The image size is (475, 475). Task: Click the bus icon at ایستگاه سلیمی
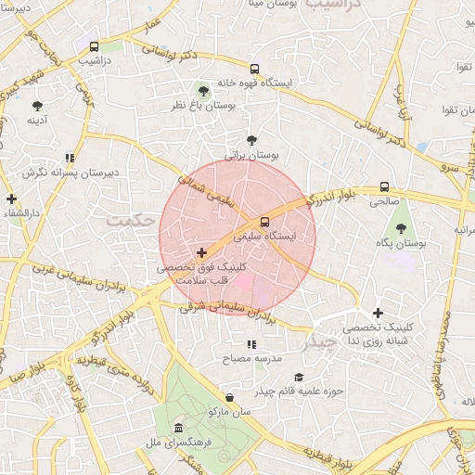click(x=265, y=222)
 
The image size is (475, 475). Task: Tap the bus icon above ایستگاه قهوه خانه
click(x=254, y=69)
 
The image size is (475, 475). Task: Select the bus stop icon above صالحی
click(x=384, y=186)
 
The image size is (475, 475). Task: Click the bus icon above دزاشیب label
click(x=94, y=47)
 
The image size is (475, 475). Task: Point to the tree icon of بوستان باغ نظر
click(x=203, y=91)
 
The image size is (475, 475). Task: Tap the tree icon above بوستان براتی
click(x=251, y=140)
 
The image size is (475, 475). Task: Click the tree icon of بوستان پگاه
click(x=401, y=228)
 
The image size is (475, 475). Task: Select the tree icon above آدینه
click(x=37, y=106)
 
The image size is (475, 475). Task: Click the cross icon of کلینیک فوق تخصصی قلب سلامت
click(x=201, y=252)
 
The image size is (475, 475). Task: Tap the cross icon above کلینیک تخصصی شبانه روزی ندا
click(x=378, y=314)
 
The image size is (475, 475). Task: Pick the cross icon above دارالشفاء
click(x=10, y=199)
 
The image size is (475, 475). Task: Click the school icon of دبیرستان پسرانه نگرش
click(x=70, y=159)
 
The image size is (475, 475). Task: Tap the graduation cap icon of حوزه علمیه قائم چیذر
click(x=299, y=377)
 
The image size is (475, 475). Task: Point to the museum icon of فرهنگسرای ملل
click(x=178, y=427)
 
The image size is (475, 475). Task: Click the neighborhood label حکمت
click(x=128, y=220)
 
